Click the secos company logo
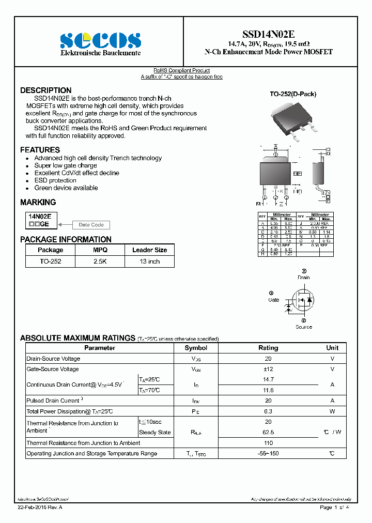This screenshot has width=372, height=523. tap(100, 40)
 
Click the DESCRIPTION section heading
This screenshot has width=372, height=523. tap(46, 90)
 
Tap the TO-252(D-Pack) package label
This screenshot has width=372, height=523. tap(293, 94)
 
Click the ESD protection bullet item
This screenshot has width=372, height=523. tap(55, 180)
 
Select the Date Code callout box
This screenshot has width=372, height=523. tap(91, 225)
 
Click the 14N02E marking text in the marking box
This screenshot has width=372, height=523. tap(39, 217)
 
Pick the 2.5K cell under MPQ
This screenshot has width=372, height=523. tap(100, 261)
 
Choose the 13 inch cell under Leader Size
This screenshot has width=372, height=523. tap(149, 261)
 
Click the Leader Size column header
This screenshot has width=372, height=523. tap(149, 250)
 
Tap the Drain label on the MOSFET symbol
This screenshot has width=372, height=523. tap(303, 278)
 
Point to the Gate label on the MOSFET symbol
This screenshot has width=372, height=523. tap(273, 300)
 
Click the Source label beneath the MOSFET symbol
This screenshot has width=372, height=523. tap(303, 327)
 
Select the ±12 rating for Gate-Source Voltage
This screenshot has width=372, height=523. tap(268, 369)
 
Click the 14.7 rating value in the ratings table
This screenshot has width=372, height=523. tap(268, 379)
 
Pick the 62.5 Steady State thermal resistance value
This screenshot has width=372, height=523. tap(268, 433)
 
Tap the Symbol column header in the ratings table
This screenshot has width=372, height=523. tap(196, 348)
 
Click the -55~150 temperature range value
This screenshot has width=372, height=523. tap(268, 453)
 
